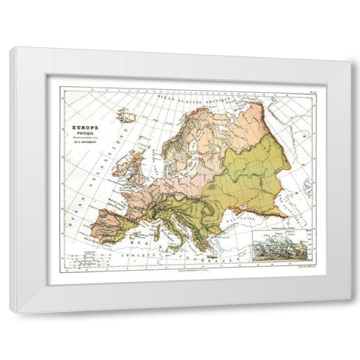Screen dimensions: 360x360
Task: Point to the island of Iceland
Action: (x=127, y=116)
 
